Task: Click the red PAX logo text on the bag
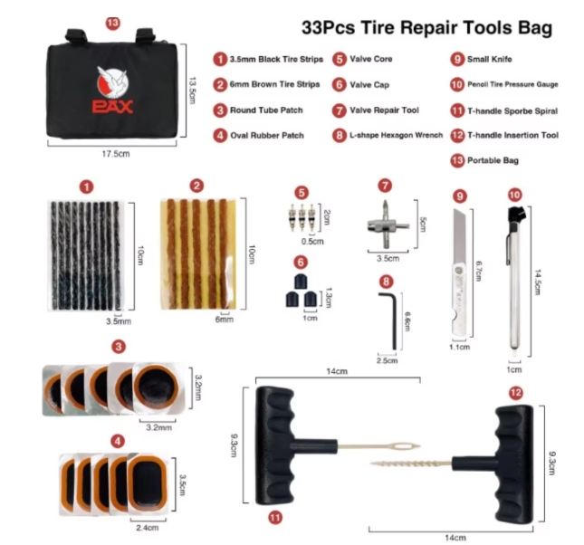coord(112,107)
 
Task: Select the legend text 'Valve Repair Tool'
coord(384,110)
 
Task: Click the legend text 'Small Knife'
coord(490,59)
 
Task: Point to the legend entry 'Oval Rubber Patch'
coord(267,135)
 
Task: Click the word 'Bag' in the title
coord(535,28)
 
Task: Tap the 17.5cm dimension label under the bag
coord(116,154)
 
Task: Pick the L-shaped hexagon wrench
coord(388,320)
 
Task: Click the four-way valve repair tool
coord(388,225)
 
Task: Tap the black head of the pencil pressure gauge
coord(515,215)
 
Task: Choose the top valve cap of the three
coord(301,281)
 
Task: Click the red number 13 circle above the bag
coord(113,24)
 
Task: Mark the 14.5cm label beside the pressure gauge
coord(538,282)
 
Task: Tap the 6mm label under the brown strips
coord(225,320)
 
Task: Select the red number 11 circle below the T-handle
coord(275,517)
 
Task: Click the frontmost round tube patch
coord(157,387)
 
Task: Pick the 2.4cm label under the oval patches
coord(148,528)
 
